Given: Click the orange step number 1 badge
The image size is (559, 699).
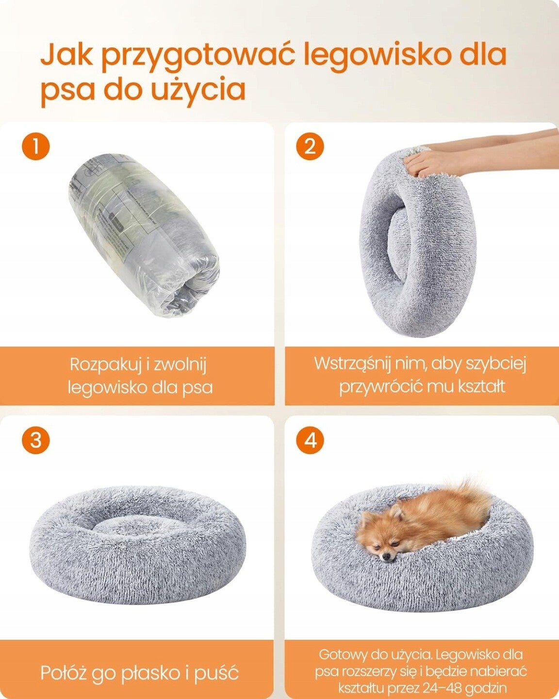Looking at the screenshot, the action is (x=36, y=146).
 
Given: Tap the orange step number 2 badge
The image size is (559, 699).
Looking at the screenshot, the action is (x=310, y=146).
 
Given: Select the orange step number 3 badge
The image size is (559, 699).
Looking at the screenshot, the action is (x=36, y=441).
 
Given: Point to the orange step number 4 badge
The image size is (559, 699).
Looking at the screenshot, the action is (x=310, y=441).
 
